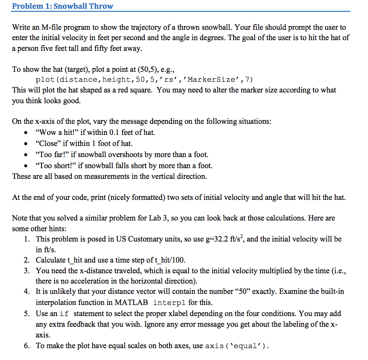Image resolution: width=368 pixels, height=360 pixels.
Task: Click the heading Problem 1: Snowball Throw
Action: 63,6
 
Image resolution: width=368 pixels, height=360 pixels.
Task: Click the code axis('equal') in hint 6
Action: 237,346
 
